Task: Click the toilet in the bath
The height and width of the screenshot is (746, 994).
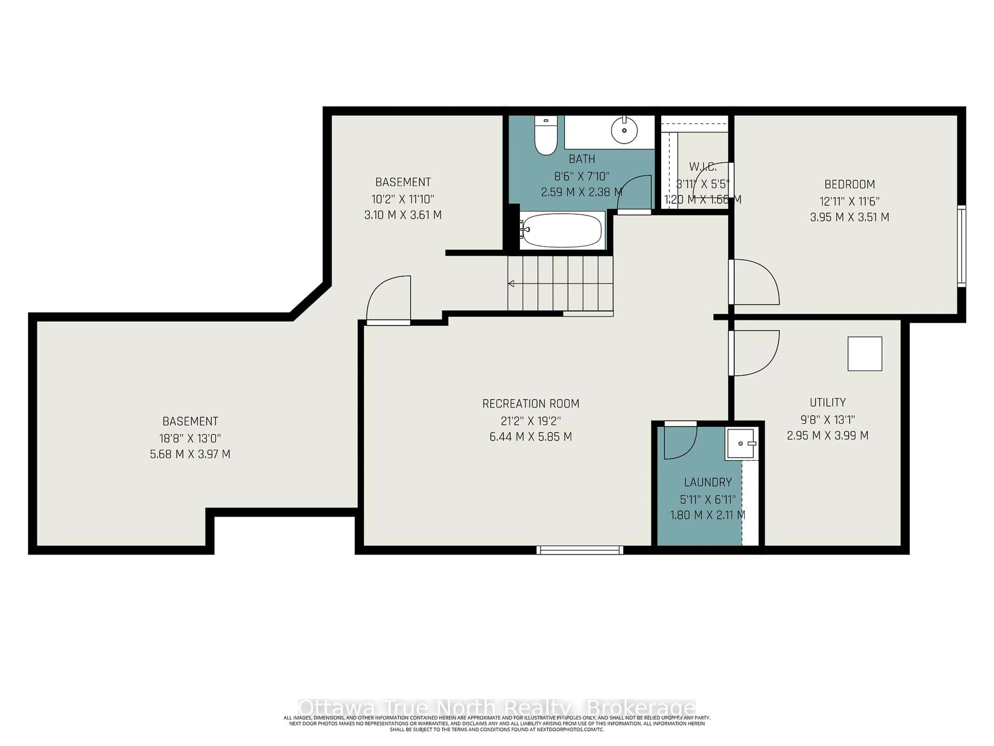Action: click(x=545, y=135)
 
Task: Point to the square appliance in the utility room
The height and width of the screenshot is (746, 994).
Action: click(x=865, y=354)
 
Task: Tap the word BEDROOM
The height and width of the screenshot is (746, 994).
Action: click(x=849, y=184)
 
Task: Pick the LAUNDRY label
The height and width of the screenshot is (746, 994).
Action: click(x=708, y=483)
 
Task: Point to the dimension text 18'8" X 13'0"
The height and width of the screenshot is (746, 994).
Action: click(x=190, y=438)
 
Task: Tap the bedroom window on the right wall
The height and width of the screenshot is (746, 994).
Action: click(x=961, y=246)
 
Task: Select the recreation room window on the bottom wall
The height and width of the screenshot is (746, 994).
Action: click(x=580, y=550)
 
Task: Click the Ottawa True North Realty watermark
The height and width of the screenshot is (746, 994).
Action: click(x=496, y=707)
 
